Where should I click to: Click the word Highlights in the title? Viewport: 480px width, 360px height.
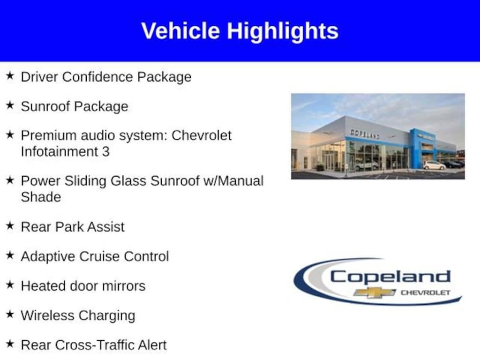283,31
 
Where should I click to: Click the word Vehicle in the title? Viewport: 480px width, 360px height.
180,30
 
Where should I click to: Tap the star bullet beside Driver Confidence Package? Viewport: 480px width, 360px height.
10,75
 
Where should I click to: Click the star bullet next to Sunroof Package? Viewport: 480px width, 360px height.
10,105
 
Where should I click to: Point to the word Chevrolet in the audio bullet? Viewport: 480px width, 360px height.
202,135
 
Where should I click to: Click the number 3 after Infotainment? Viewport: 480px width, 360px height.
105,151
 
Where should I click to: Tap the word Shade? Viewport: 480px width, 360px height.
41,197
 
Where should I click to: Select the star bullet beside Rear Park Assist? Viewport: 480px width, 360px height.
10,225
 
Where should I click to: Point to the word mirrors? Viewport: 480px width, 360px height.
124,286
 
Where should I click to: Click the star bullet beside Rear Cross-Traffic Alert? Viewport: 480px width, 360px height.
10,344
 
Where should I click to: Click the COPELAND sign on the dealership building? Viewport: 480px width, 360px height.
365,134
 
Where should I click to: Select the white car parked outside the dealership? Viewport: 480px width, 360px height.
434,165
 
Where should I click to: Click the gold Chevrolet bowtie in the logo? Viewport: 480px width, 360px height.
375,292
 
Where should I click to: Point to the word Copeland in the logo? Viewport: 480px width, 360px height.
390,277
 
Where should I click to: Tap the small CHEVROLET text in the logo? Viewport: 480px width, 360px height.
426,292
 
